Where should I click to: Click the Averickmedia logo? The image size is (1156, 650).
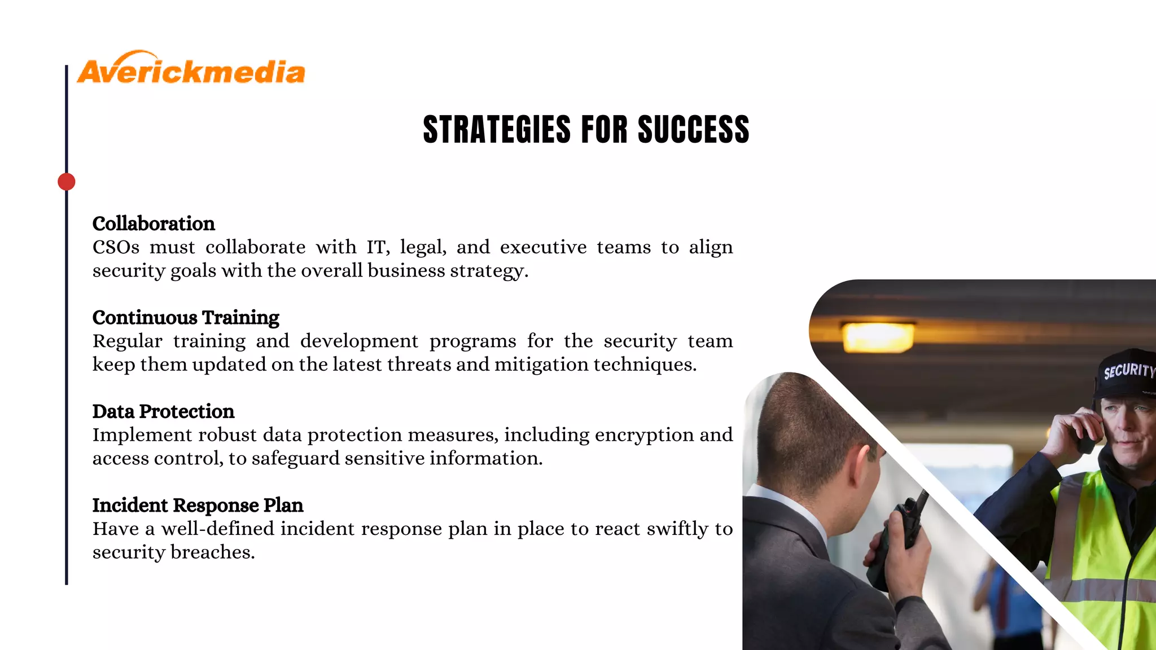(x=191, y=69)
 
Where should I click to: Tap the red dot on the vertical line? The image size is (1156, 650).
(x=67, y=182)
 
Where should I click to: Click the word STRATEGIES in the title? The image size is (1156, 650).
(x=497, y=129)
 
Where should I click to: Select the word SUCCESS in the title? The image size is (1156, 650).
(x=693, y=129)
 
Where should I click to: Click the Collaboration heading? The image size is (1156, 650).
(x=154, y=224)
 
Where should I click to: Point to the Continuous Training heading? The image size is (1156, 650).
(x=186, y=318)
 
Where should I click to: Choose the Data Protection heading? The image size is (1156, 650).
(x=163, y=411)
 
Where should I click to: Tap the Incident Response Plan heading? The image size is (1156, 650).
(x=198, y=505)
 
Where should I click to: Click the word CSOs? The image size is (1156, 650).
(x=116, y=247)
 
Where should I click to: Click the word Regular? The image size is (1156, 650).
(x=127, y=341)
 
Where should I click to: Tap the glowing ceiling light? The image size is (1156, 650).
(x=878, y=337)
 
